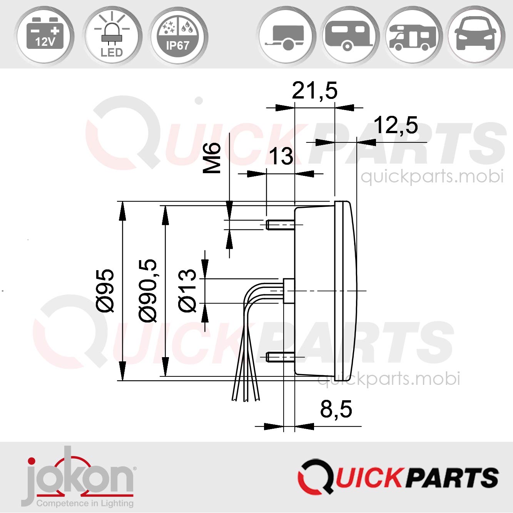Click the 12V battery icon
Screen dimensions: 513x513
tap(45, 36)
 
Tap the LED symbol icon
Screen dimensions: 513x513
tap(112, 36)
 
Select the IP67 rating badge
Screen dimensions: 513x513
tap(178, 36)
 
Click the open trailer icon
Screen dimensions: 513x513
tap(287, 36)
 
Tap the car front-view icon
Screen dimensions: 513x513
tap(476, 36)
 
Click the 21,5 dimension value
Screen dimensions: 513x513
tap(314, 91)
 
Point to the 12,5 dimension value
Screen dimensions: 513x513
tap(396, 125)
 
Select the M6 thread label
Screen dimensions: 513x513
tap(212, 158)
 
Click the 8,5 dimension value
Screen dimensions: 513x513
tap(336, 409)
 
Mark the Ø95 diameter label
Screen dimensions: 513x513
tap(105, 290)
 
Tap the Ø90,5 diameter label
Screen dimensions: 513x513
tap(148, 290)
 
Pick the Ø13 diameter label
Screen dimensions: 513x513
tap(188, 290)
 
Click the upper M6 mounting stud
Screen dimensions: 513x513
tap(280, 225)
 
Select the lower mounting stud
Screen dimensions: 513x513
tap(280, 357)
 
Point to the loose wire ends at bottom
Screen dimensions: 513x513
tap(246, 394)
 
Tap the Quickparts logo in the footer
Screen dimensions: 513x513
tap(398, 477)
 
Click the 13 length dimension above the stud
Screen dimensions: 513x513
tap(281, 157)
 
